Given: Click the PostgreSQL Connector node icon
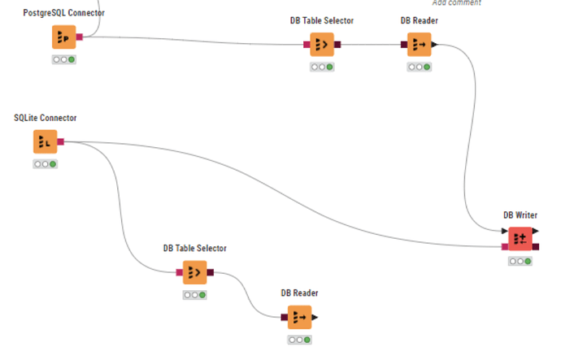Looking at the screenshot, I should pyautogui.click(x=63, y=37).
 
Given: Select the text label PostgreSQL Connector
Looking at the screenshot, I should pyautogui.click(x=63, y=13).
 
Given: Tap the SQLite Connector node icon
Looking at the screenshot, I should pyautogui.click(x=45, y=142).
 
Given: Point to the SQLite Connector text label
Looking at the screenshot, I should pyautogui.click(x=45, y=118).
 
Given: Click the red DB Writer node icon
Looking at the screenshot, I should pyautogui.click(x=520, y=239).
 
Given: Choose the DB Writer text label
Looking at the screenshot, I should pyautogui.click(x=520, y=215).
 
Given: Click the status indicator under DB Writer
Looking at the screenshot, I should pyautogui.click(x=520, y=262).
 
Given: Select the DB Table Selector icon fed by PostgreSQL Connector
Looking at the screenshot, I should pyautogui.click(x=322, y=45).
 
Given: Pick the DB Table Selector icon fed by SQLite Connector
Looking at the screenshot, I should pyautogui.click(x=194, y=272).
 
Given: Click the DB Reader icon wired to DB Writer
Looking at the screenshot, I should pyautogui.click(x=420, y=45).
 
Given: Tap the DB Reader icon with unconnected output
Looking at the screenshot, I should pyautogui.click(x=299, y=316).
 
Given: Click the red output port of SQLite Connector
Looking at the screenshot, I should pyautogui.click(x=61, y=142).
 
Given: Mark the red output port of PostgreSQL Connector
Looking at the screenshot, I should pyautogui.click(x=80, y=37).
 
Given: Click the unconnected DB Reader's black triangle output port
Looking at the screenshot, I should pyautogui.click(x=315, y=317).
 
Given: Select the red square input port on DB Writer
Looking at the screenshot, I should pyautogui.click(x=505, y=246).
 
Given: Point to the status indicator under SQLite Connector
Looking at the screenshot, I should pyautogui.click(x=45, y=164).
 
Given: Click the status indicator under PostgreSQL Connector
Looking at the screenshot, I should pyautogui.click(x=63, y=59).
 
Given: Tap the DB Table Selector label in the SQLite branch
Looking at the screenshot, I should pyautogui.click(x=194, y=248).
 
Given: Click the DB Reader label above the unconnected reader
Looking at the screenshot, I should pyautogui.click(x=299, y=293).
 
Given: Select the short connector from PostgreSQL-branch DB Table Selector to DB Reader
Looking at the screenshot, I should pyautogui.click(x=371, y=45).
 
